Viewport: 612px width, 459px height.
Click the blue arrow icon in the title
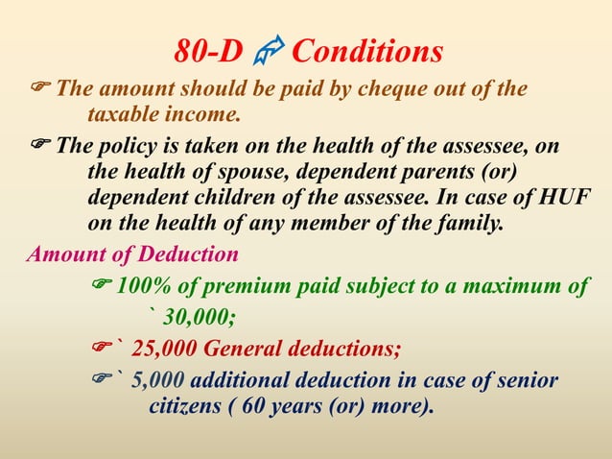click(267, 50)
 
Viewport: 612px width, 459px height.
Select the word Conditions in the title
click(366, 51)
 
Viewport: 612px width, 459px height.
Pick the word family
click(464, 227)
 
